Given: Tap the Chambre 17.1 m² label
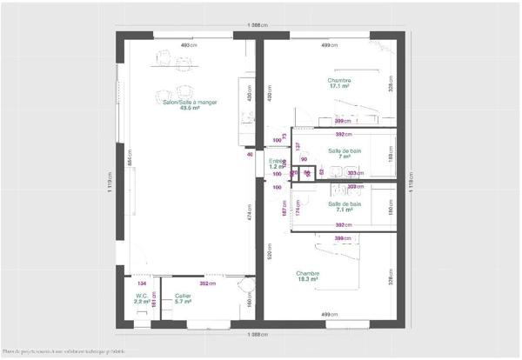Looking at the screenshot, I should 338,83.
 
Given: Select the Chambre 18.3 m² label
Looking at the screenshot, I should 307,276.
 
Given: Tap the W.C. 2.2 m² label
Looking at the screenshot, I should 141,298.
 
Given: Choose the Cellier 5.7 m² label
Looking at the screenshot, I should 183,298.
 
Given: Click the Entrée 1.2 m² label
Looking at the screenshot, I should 278,163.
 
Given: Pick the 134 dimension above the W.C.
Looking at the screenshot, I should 140,283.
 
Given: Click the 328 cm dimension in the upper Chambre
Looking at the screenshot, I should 391,83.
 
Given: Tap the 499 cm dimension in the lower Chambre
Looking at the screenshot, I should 329,314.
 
